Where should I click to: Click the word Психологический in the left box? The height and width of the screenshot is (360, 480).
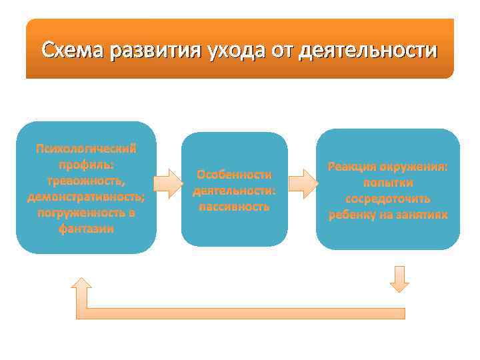86,148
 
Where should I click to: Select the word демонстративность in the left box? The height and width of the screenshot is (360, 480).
86,197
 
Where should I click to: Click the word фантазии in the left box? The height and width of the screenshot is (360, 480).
86,229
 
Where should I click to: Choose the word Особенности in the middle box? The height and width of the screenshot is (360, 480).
234,175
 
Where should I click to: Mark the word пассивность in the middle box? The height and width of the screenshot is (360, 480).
234,206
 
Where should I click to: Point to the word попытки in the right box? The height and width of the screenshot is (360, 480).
388,183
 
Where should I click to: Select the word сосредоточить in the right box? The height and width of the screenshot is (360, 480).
388,199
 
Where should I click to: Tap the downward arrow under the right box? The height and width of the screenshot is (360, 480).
399,279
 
